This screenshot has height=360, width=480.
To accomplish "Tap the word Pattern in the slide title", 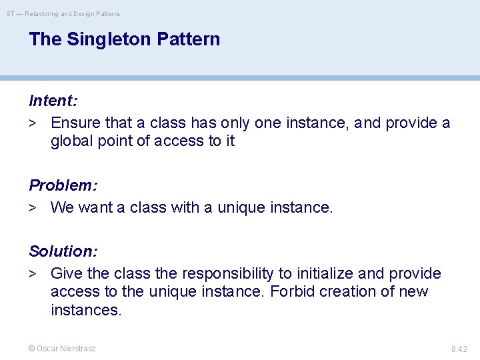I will [x=189, y=39].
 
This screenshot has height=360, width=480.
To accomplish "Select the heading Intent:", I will [x=53, y=101].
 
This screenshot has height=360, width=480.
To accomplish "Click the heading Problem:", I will [x=62, y=185].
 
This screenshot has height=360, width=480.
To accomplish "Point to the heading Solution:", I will [x=63, y=251].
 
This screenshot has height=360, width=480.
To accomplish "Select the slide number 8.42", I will [x=459, y=349].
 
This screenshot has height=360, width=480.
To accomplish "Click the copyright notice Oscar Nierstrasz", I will [x=62, y=348].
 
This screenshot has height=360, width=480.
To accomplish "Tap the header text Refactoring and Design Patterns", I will [x=73, y=13].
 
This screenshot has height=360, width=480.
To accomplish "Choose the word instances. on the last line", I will [x=86, y=310].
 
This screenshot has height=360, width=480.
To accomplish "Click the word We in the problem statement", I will [x=62, y=208].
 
